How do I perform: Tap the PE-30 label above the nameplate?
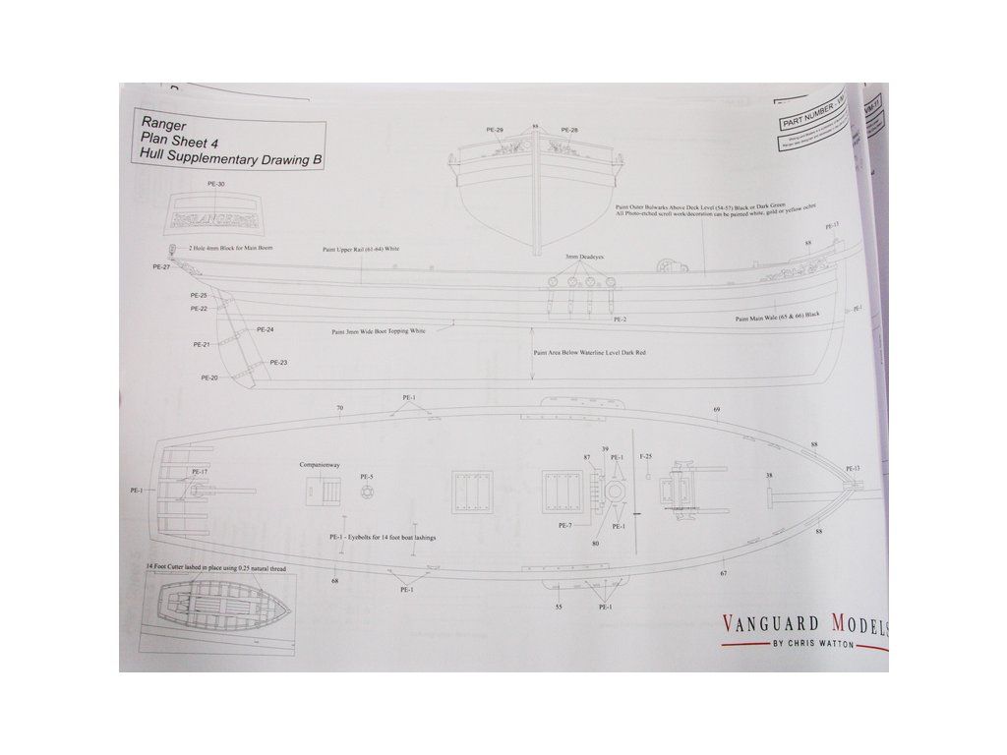coord(216,184)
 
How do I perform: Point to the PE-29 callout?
coord(495,131)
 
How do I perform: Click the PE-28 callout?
coord(569,131)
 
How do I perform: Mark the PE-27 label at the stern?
coord(162,266)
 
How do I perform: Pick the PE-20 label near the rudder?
coord(209,377)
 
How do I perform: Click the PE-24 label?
coord(265,330)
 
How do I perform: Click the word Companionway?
coord(320,464)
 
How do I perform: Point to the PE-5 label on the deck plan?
coord(365,477)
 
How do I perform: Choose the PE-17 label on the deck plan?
coord(199,472)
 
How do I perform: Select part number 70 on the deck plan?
coord(339,408)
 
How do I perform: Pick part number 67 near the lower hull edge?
coord(723,573)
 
